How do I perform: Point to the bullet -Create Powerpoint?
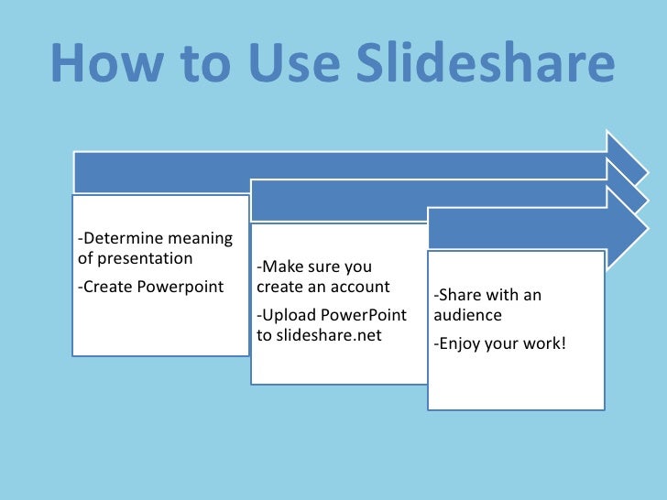[151, 287]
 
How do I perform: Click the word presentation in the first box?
[135, 257]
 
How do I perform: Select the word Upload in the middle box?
[289, 315]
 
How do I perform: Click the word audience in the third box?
[468, 315]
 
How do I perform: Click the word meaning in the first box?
[207, 239]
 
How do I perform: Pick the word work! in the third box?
[544, 344]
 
